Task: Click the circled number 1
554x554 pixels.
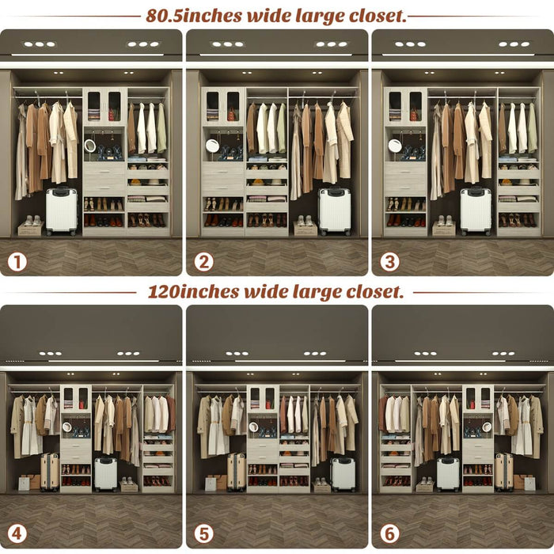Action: pyautogui.click(x=17, y=260)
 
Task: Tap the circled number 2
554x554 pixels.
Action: pyautogui.click(x=203, y=260)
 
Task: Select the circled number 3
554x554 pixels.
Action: pyautogui.click(x=389, y=260)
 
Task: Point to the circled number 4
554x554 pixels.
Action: pyautogui.click(x=17, y=534)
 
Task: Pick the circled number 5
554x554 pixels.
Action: pyautogui.click(x=203, y=534)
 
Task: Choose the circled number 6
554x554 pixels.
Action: pyautogui.click(x=389, y=534)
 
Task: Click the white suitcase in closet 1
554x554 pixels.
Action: pyautogui.click(x=61, y=211)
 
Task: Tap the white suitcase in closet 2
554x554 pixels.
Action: pyautogui.click(x=334, y=211)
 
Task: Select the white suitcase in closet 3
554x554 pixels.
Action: pyautogui.click(x=476, y=211)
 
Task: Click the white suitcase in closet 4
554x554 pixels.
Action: pyautogui.click(x=105, y=474)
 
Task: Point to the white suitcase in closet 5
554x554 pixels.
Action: pyautogui.click(x=342, y=474)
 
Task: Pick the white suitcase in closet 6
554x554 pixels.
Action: pyautogui.click(x=447, y=474)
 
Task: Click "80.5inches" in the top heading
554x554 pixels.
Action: pyautogui.click(x=193, y=15)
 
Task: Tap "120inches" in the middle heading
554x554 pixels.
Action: pyautogui.click(x=193, y=291)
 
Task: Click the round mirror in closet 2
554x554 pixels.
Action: pyautogui.click(x=212, y=146)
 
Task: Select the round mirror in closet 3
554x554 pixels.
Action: pyautogui.click(x=394, y=146)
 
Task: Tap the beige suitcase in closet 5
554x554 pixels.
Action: pyautogui.click(x=236, y=472)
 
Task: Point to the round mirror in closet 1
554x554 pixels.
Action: pyautogui.click(x=89, y=146)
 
